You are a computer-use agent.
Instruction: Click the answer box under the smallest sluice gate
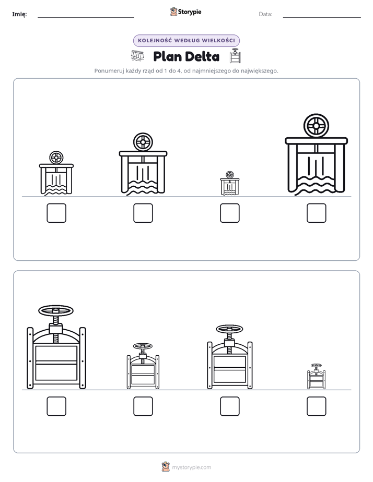229,213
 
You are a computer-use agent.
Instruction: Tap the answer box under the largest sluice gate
317,213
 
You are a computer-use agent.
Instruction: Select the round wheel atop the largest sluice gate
316,126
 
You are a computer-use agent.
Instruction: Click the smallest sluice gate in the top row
230,183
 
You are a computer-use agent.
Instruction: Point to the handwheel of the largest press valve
56,310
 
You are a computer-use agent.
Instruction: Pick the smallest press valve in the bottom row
317,376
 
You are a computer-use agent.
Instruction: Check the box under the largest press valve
56,406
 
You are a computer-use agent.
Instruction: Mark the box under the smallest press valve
317,406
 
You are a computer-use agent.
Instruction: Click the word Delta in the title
203,56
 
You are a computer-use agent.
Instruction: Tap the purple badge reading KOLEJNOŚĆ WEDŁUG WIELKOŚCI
186,41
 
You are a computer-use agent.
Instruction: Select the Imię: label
19,14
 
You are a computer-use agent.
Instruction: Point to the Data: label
265,14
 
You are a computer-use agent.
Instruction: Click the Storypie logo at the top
186,11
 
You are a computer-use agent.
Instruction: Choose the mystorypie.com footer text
191,467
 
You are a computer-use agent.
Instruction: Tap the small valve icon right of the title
235,56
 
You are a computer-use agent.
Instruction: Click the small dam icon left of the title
137,56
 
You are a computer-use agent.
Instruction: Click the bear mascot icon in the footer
166,467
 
